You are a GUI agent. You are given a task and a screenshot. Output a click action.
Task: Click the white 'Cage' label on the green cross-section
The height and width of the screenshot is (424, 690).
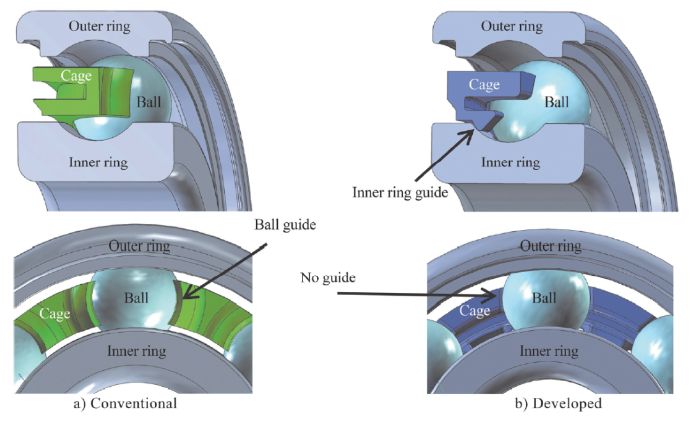(x=76, y=76)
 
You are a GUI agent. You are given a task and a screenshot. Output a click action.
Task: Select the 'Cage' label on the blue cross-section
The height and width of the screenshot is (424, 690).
(x=484, y=84)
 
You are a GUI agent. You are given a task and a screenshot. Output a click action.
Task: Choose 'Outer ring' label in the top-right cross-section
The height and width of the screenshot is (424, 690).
(x=512, y=26)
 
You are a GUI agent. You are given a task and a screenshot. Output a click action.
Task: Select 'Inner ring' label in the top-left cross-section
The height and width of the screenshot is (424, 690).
(x=98, y=162)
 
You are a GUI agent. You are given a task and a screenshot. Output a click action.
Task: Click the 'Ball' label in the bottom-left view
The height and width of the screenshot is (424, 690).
(x=137, y=298)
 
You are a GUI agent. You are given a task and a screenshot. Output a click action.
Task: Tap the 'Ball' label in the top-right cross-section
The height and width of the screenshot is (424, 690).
(x=557, y=102)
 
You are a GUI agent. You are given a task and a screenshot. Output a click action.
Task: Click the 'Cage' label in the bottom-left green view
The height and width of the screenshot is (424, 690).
(x=54, y=314)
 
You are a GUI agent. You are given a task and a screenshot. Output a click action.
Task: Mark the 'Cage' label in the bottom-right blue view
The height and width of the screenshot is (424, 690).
(x=474, y=311)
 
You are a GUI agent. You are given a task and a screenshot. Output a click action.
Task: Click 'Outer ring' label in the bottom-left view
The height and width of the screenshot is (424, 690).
(x=139, y=246)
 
